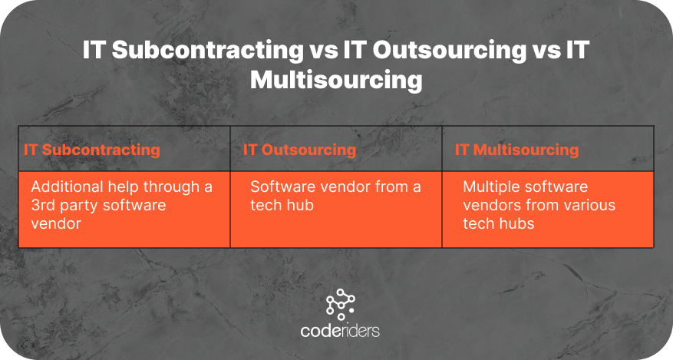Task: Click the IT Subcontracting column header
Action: pyautogui.click(x=92, y=150)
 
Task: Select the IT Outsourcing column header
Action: pyautogui.click(x=299, y=150)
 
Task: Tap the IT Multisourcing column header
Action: pyautogui.click(x=516, y=150)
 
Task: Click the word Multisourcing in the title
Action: pyautogui.click(x=336, y=80)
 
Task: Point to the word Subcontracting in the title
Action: pyautogui.click(x=208, y=50)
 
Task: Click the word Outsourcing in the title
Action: pyautogui.click(x=450, y=50)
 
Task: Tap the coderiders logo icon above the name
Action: pyautogui.click(x=341, y=304)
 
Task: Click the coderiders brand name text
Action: pyautogui.click(x=340, y=331)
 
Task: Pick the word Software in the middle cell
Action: pyautogui.click(x=279, y=187)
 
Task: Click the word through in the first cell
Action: pyautogui.click(x=172, y=187)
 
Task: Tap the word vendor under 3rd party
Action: pyautogui.click(x=56, y=223)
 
